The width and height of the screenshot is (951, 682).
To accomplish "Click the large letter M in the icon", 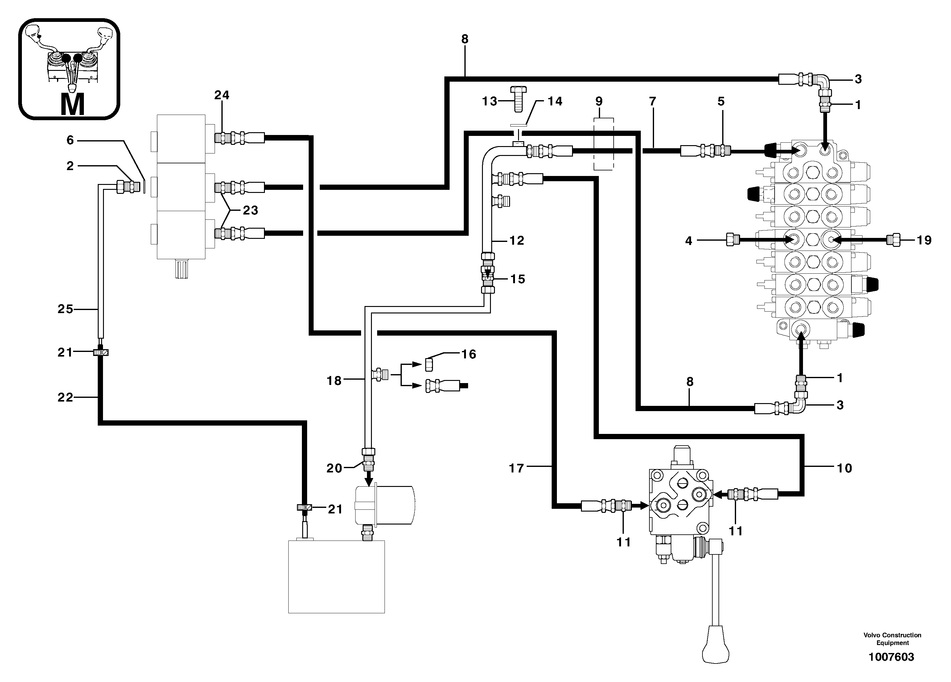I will [72, 104].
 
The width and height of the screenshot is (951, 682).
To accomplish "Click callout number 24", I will [222, 95].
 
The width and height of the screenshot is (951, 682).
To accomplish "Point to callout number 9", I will [599, 101].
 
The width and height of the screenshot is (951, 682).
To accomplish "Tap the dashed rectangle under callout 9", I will [603, 144].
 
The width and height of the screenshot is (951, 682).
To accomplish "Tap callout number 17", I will [517, 468].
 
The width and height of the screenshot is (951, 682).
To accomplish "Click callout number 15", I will [518, 279].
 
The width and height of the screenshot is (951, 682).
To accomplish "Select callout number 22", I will [65, 397].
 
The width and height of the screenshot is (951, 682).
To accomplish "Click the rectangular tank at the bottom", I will [336, 576].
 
